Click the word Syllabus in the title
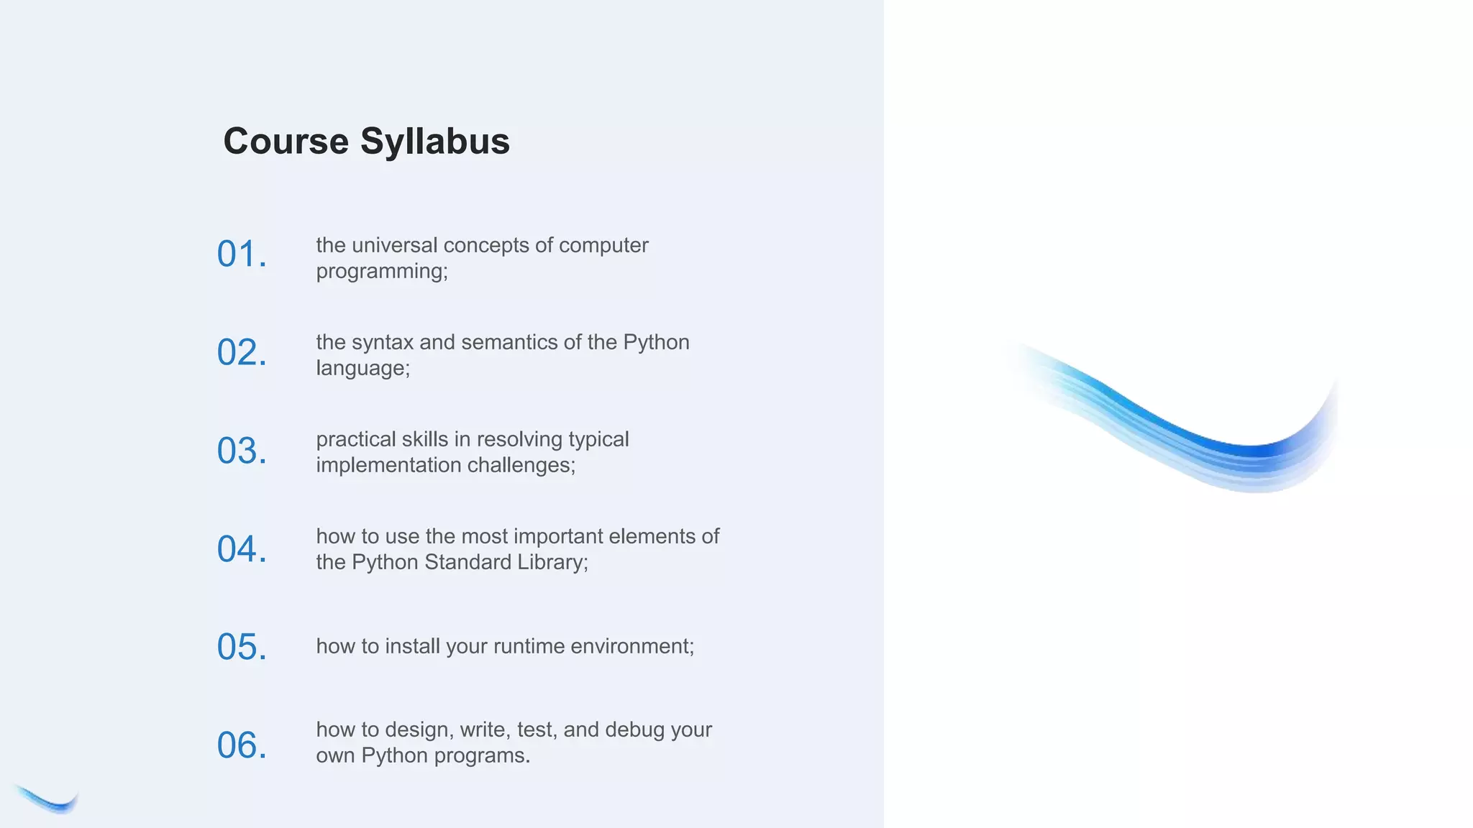(434, 141)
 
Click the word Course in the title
(286, 141)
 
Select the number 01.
(242, 254)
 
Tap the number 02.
(242, 353)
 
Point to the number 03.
(242, 451)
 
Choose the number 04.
(242, 550)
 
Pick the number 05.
(242, 647)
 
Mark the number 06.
(242, 745)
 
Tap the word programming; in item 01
(382, 272)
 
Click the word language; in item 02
(363, 369)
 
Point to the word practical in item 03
(356, 439)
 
